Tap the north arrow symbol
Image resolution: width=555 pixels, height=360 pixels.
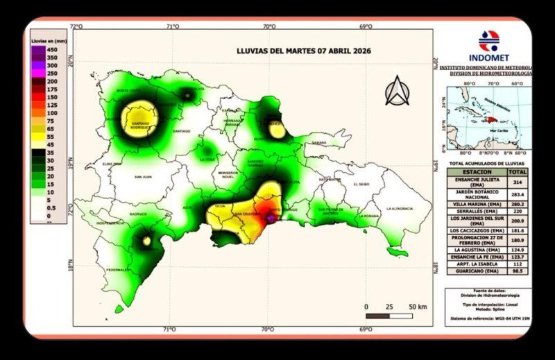click(398, 91)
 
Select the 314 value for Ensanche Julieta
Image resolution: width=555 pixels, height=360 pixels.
click(518, 182)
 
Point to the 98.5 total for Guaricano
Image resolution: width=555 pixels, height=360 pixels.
click(518, 272)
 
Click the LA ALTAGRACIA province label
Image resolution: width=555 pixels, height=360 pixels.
click(400, 208)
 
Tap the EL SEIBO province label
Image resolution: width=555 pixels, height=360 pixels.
click(363, 185)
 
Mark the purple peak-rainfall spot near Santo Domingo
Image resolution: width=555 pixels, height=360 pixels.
click(270, 217)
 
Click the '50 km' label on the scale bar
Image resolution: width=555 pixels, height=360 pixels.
click(417, 306)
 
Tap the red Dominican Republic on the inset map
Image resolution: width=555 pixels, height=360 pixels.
click(490, 121)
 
